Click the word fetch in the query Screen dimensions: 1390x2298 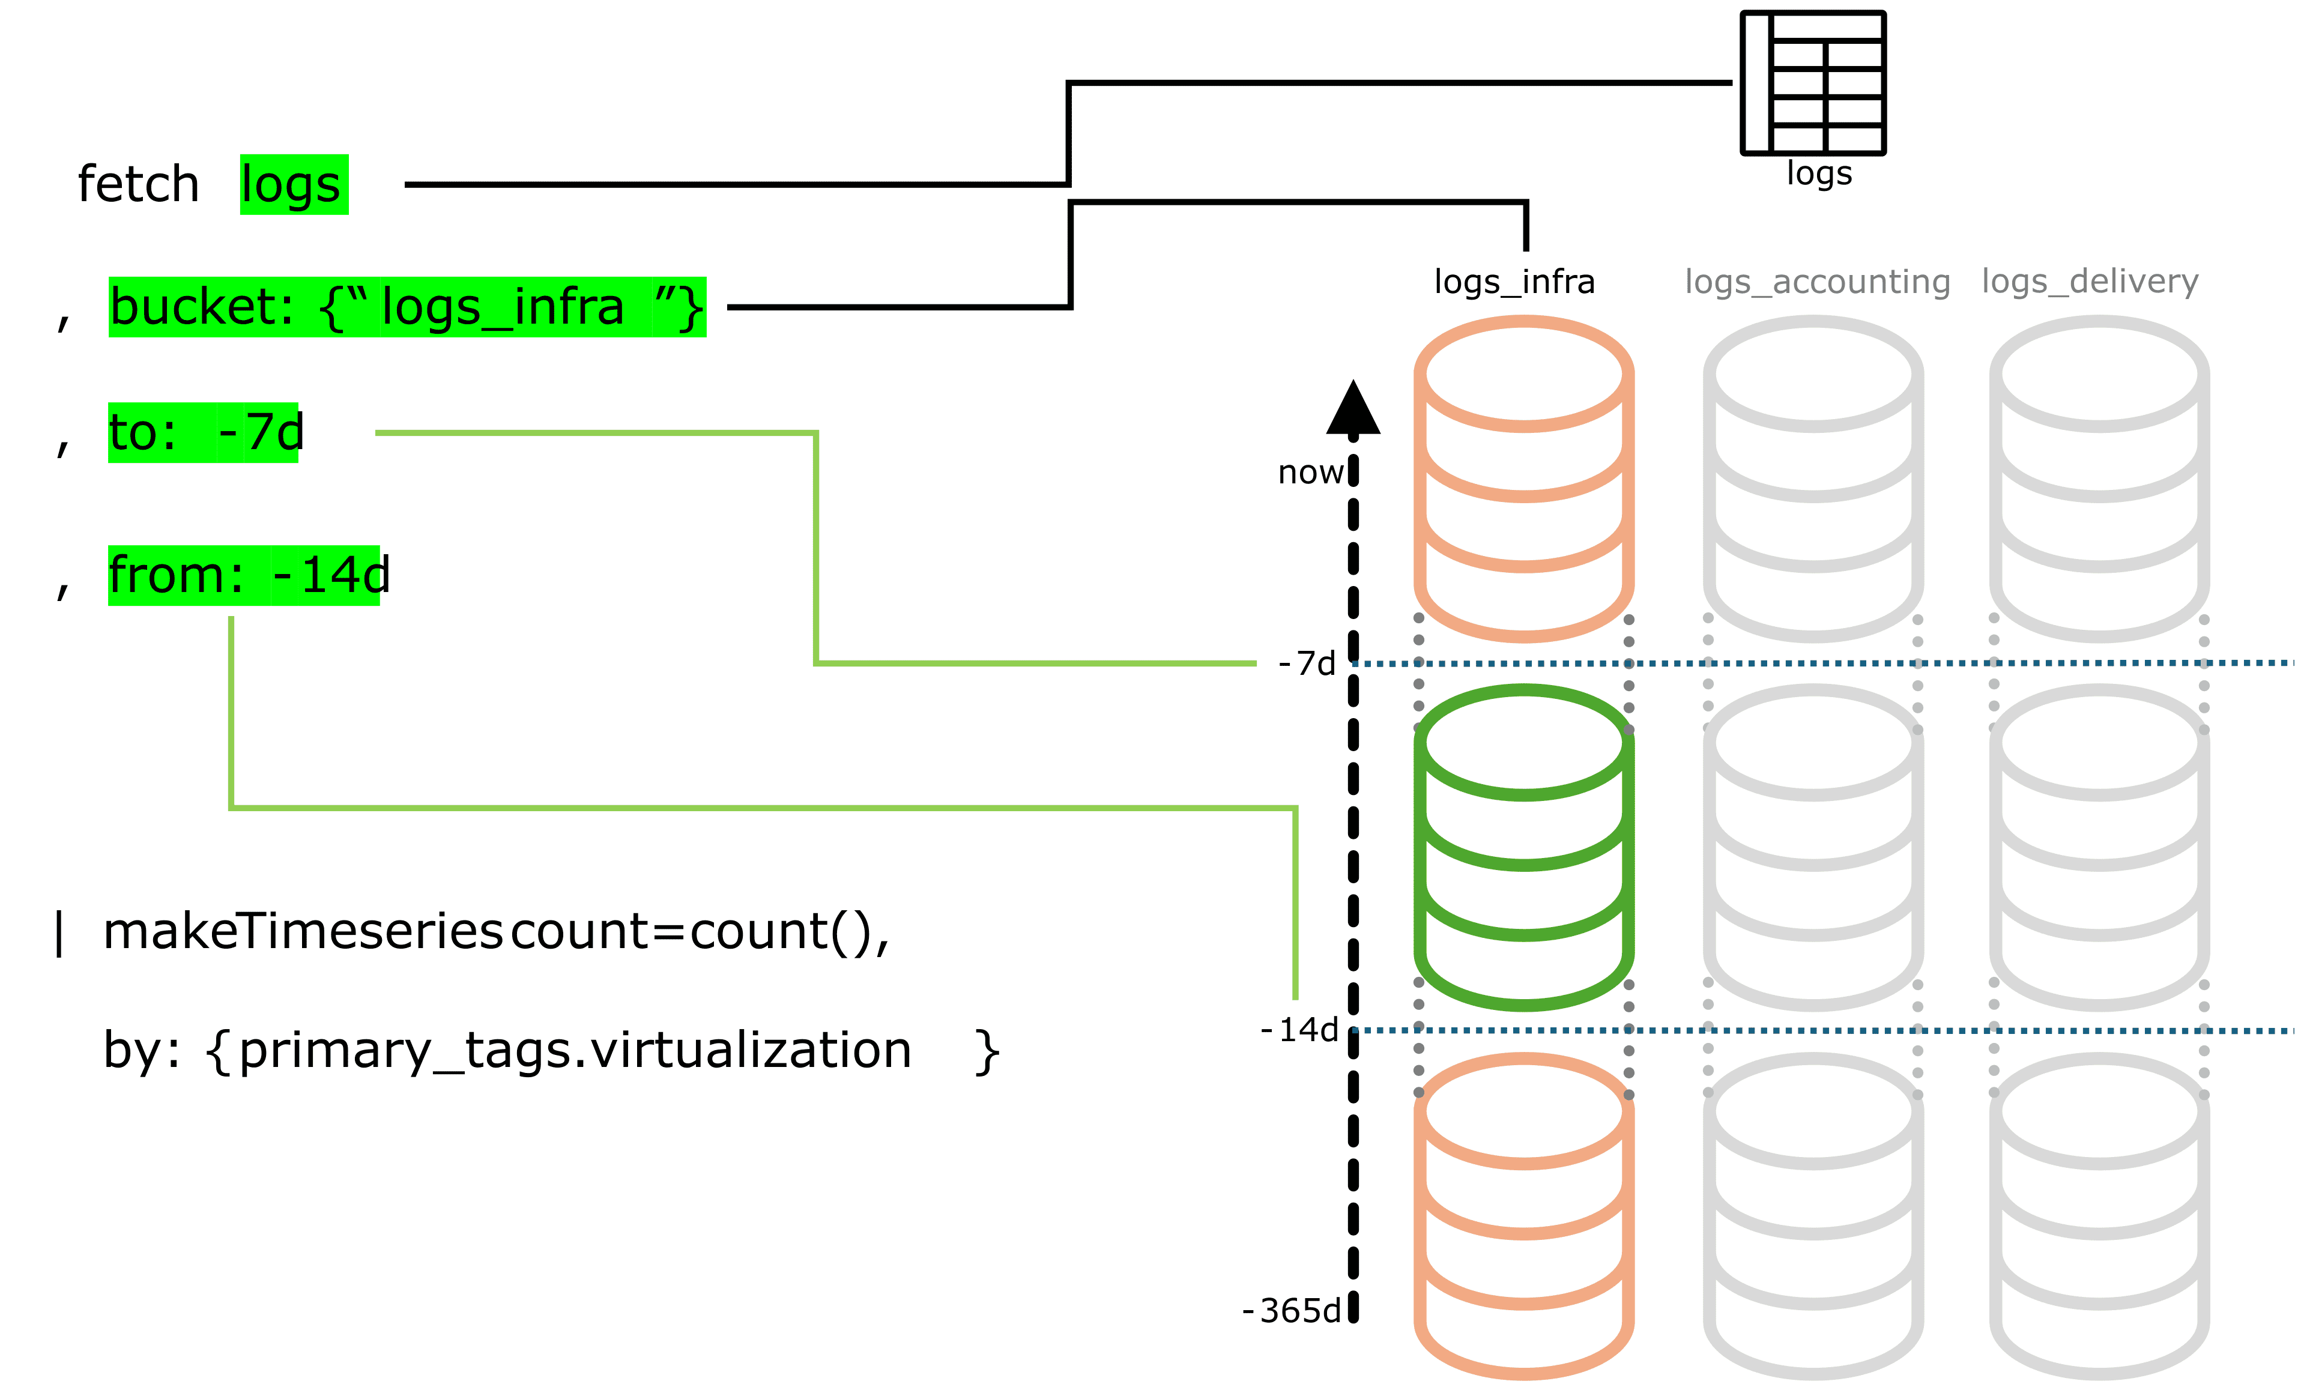pyautogui.click(x=138, y=184)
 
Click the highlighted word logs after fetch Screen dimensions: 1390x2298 pyautogui.click(x=293, y=184)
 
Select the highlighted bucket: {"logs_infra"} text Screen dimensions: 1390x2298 pyautogui.click(x=407, y=307)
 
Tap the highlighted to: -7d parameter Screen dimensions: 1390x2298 pyautogui.click(x=204, y=432)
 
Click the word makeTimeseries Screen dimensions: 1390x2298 pyautogui.click(x=303, y=931)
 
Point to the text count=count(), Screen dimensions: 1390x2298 pyautogui.click(x=700, y=931)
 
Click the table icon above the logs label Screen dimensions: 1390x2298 pyautogui.click(x=1813, y=83)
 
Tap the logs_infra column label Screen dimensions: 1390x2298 pyautogui.click(x=1514, y=282)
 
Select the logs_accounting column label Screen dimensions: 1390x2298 pyautogui.click(x=1817, y=282)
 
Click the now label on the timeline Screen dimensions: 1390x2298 pyautogui.click(x=1310, y=473)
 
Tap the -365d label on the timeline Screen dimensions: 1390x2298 pyautogui.click(x=1292, y=1311)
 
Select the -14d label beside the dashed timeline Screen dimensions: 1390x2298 pyautogui.click(x=1299, y=1030)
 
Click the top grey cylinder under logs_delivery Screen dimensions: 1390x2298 pyautogui.click(x=2099, y=479)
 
